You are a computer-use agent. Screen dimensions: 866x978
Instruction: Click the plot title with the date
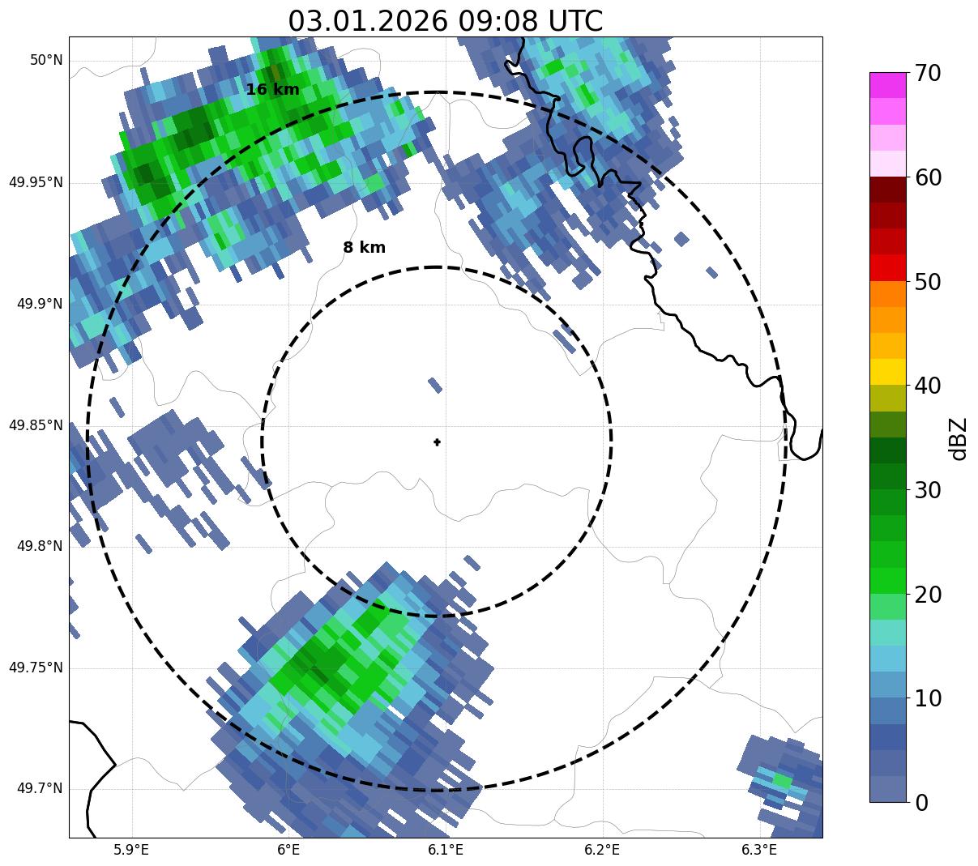(x=445, y=20)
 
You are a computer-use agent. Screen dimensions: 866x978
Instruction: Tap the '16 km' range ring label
(x=272, y=90)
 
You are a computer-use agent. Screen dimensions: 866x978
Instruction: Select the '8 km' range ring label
(x=364, y=248)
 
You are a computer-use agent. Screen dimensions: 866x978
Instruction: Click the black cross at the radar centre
(x=438, y=442)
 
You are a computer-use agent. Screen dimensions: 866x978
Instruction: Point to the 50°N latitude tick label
(x=46, y=61)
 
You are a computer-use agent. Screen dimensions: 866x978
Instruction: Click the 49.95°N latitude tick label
(x=36, y=182)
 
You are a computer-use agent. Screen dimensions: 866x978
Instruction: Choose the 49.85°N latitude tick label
(x=36, y=425)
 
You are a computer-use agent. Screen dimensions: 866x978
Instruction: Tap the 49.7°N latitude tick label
(x=40, y=789)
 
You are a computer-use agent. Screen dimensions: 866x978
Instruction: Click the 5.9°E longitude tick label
(x=132, y=850)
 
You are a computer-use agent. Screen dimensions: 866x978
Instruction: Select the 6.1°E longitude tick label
(x=446, y=850)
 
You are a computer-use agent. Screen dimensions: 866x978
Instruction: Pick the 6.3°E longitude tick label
(x=759, y=850)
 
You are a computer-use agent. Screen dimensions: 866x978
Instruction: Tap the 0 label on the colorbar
(x=922, y=802)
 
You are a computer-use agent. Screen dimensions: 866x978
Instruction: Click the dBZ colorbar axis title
(x=959, y=438)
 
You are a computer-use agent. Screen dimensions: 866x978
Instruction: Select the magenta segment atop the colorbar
(x=888, y=85)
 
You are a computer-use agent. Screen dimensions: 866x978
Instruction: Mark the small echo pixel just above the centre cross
(x=435, y=385)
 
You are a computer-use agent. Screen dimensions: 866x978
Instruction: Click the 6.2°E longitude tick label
(x=602, y=850)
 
